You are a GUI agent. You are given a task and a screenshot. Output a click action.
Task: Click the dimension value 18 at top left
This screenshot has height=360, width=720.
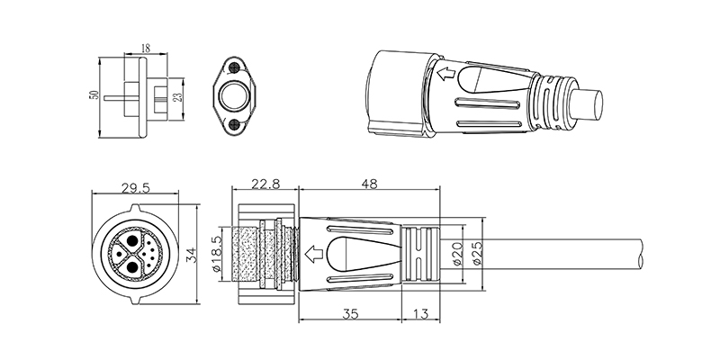(146, 49)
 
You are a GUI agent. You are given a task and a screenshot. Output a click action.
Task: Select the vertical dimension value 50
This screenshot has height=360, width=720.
(94, 94)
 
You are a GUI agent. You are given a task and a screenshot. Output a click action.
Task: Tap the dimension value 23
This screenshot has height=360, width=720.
(178, 97)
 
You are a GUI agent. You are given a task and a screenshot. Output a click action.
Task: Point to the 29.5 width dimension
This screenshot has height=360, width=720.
(136, 188)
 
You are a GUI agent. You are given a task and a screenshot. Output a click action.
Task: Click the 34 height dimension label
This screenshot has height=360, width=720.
(193, 255)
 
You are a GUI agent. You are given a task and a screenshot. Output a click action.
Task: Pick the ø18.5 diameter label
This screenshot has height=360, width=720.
(218, 254)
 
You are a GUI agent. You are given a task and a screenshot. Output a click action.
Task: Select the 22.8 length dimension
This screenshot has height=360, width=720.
(265, 184)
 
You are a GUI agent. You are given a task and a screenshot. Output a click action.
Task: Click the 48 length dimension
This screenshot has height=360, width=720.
(369, 184)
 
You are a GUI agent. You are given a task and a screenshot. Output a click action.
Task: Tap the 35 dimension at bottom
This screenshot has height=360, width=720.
(350, 313)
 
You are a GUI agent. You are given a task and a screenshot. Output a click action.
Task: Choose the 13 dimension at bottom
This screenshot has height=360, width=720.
(420, 313)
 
